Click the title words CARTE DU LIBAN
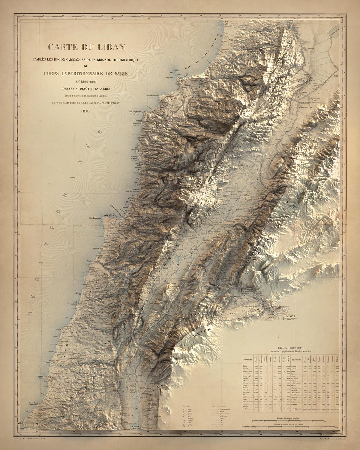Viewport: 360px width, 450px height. coord(84,47)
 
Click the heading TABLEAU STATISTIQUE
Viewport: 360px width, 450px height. coord(291,348)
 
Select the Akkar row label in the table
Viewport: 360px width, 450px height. coord(245,366)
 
